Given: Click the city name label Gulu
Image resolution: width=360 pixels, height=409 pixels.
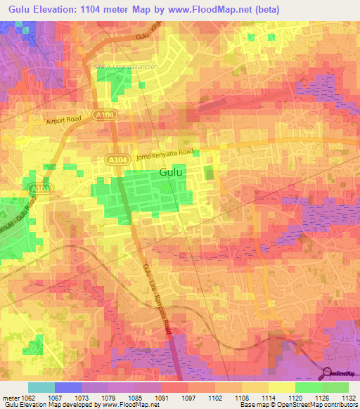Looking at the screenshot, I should (173, 172).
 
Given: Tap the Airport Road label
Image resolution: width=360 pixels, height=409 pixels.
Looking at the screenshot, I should (65, 120).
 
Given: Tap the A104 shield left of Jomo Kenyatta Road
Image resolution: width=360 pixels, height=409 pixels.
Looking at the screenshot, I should (117, 161).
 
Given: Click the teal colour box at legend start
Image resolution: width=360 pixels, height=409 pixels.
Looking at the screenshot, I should (41, 387).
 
